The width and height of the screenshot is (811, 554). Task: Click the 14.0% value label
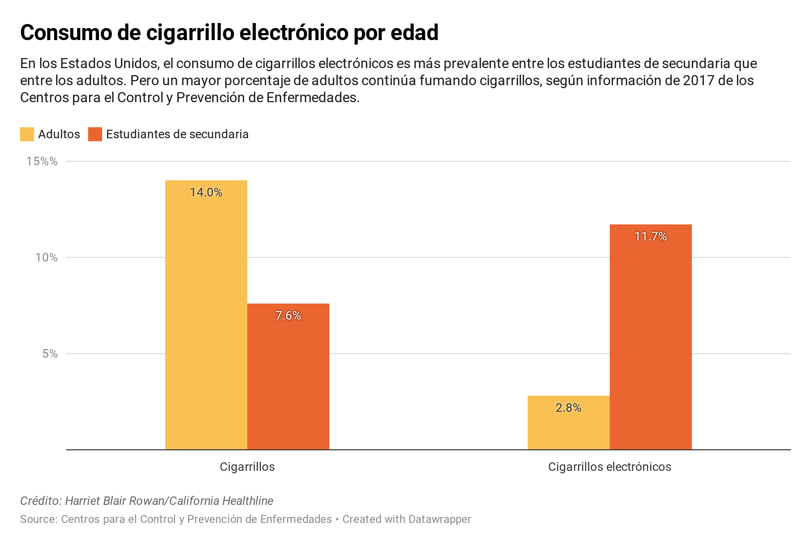[x=206, y=192]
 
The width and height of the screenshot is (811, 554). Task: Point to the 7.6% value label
[x=288, y=316]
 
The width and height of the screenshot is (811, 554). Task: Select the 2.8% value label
[x=568, y=408]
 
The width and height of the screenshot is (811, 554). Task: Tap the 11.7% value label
[x=650, y=236]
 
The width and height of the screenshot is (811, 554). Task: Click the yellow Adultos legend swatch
[x=27, y=134]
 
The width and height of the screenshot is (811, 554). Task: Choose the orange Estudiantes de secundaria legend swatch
[x=95, y=134]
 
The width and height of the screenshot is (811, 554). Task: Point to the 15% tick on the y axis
[x=43, y=161]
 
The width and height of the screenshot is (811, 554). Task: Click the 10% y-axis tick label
[x=46, y=257]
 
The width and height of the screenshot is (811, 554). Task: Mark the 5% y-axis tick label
[x=50, y=354]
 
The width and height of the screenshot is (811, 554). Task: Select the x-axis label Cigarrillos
[x=247, y=467]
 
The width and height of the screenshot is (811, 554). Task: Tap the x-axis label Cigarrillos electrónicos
[x=609, y=467]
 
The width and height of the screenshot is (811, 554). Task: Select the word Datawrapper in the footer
[x=439, y=519]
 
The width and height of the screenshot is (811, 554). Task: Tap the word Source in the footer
[x=38, y=519]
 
